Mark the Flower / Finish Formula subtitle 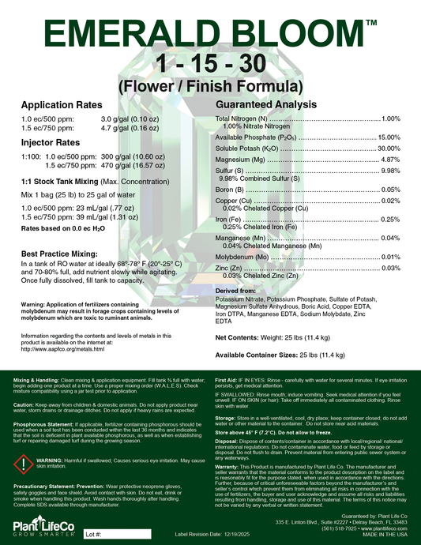click(209, 85)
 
